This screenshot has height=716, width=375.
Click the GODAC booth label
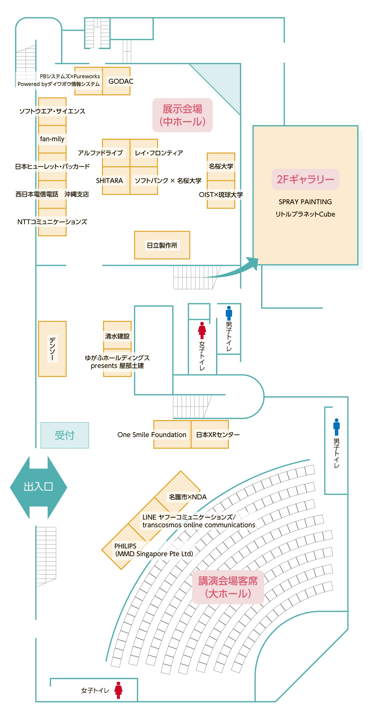click(121, 81)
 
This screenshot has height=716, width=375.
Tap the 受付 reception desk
click(65, 435)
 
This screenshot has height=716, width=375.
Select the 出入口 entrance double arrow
click(39, 487)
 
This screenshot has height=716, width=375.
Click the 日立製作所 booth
click(162, 245)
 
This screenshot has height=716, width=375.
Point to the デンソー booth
click(52, 349)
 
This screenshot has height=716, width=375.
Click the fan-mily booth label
click(52, 139)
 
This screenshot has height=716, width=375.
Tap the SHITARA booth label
click(109, 181)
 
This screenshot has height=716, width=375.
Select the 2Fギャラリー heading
click(305, 179)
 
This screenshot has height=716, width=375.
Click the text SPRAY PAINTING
click(305, 202)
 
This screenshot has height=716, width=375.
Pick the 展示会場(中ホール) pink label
click(182, 115)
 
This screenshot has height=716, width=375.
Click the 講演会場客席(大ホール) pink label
click(228, 587)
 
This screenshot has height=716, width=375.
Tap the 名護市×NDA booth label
click(188, 497)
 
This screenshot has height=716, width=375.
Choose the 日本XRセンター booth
click(218, 435)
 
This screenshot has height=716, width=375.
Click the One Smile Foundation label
click(152, 435)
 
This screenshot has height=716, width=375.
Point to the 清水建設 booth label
click(117, 336)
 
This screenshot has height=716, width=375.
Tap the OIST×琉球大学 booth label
click(221, 195)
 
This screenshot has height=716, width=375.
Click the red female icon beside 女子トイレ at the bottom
click(118, 690)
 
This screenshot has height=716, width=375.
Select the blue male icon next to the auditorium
click(336, 427)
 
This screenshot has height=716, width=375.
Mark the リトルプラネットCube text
click(305, 214)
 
